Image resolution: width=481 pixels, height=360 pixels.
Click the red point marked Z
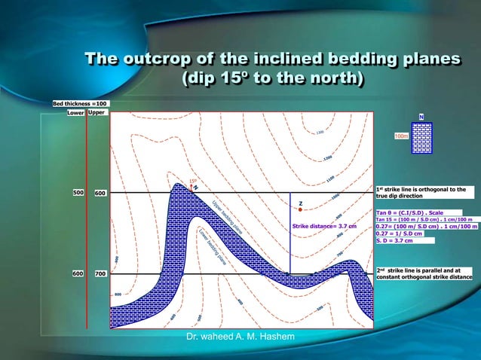pyautogui.click(x=299, y=209)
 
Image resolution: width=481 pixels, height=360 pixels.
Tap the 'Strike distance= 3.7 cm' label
pyautogui.click(x=323, y=226)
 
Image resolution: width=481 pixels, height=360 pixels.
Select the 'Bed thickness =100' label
pyautogui.click(x=81, y=102)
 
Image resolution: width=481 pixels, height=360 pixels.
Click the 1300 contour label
pyautogui.click(x=320, y=133)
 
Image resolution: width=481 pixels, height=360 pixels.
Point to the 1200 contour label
pyautogui.click(x=326, y=158)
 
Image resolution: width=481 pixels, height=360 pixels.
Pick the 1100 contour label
pyautogui.click(x=330, y=178)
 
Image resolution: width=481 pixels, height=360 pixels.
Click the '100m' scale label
pyautogui.click(x=401, y=136)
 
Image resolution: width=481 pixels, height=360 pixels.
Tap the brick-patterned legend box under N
pyautogui.click(x=421, y=138)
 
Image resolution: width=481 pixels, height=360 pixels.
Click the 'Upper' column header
pyautogui.click(x=97, y=112)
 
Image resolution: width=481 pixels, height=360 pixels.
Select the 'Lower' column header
pyautogui.click(x=75, y=113)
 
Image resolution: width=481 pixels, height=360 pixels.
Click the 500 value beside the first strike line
pyautogui.click(x=78, y=194)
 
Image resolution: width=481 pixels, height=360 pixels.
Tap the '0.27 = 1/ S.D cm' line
pyautogui.click(x=399, y=233)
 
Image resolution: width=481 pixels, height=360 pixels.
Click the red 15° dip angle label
pyautogui.click(x=192, y=181)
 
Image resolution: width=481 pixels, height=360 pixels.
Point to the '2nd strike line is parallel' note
pyautogui.click(x=423, y=273)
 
